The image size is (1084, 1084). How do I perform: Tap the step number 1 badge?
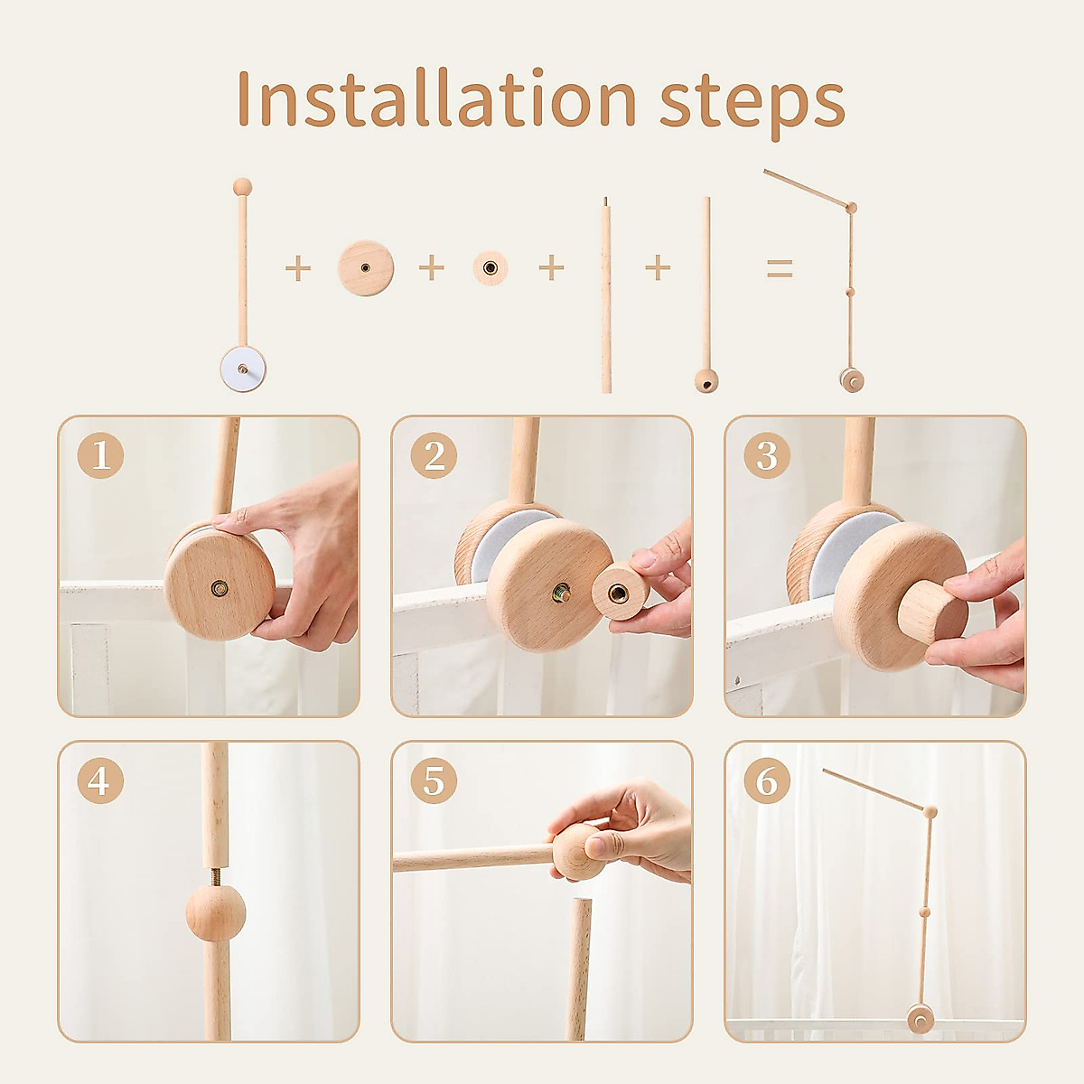click(x=100, y=455)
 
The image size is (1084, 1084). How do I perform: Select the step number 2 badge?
click(x=434, y=455)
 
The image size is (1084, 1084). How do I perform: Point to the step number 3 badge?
click(x=767, y=455)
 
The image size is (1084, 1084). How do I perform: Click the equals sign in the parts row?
click(x=779, y=268)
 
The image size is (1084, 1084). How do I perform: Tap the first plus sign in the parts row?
click(x=297, y=268)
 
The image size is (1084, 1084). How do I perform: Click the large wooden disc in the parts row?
click(x=366, y=267)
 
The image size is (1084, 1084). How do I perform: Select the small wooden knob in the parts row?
click(x=490, y=267)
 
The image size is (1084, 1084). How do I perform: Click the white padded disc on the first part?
click(x=242, y=369)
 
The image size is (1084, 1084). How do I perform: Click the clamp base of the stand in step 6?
click(x=920, y=1020)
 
